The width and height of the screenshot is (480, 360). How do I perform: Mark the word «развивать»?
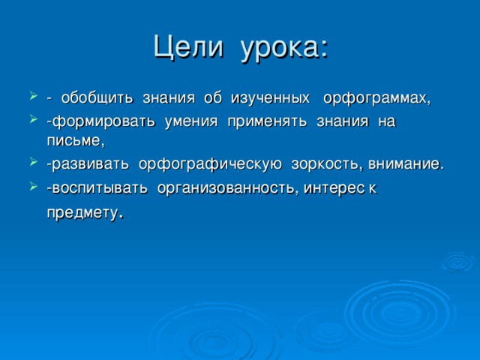(88, 164)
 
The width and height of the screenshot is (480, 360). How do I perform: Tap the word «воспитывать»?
(97, 187)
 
